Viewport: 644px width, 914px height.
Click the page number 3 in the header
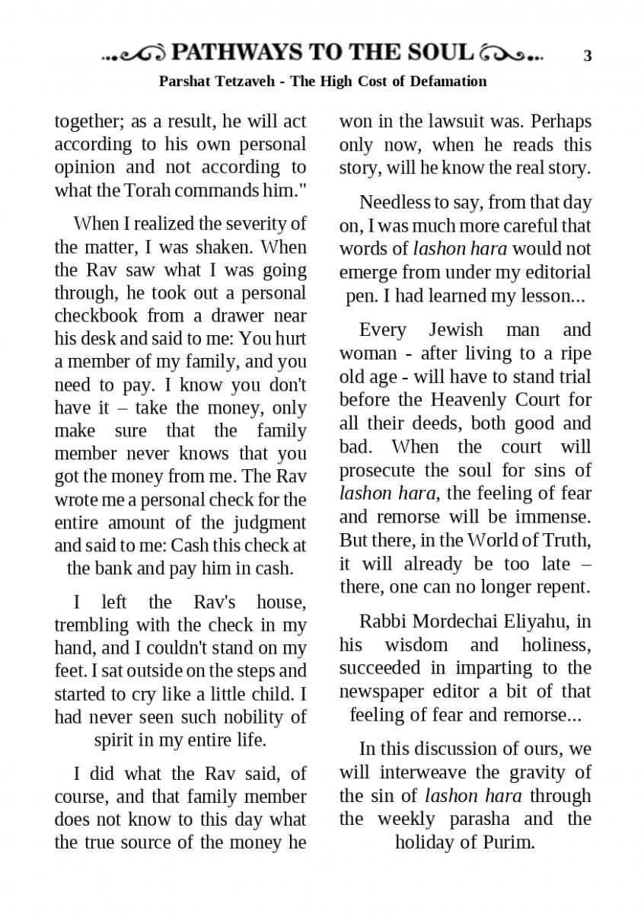click(588, 55)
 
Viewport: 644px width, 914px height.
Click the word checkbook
click(95, 315)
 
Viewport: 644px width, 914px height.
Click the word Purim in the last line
click(509, 842)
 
